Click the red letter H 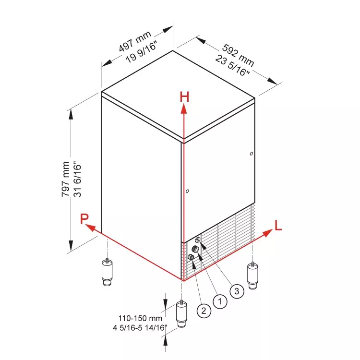point(185,96)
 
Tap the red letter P point(84,218)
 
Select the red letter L point(278,225)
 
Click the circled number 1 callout point(220,301)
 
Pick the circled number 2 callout point(204,311)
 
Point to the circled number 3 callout point(237,291)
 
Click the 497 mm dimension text point(135,41)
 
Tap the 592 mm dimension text point(238,55)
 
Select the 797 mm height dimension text point(65,179)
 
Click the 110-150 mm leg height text point(140,318)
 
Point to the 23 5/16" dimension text point(232,66)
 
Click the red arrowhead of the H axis point(184,108)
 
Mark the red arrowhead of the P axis point(90,228)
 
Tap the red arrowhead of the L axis point(267,233)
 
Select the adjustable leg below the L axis point(252,276)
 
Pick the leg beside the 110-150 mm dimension point(181,314)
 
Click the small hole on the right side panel point(252,154)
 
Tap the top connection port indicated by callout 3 point(198,240)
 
